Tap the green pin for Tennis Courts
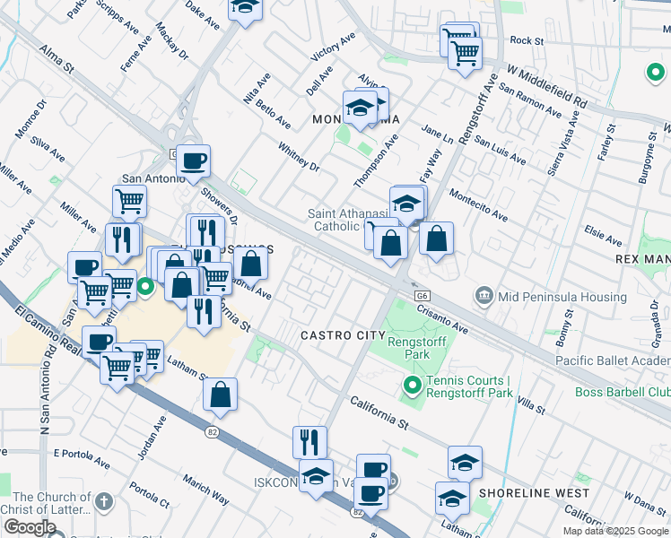click(x=413, y=386)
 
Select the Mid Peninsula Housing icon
click(x=484, y=296)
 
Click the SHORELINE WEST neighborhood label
click(x=534, y=493)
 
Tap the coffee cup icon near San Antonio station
click(x=193, y=162)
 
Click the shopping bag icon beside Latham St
click(x=220, y=395)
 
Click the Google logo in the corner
click(x=30, y=527)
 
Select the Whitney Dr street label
click(x=299, y=155)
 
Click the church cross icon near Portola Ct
click(x=103, y=500)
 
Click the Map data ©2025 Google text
click(x=615, y=531)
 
